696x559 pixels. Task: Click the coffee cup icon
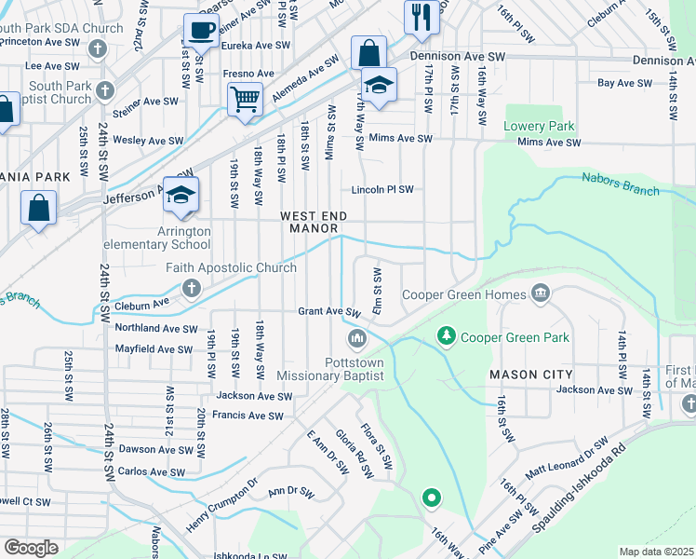201,30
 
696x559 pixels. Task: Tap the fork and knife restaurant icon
422,16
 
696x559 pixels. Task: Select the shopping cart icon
245,97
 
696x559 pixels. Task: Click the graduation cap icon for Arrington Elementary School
181,193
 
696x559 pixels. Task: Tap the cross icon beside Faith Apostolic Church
192,288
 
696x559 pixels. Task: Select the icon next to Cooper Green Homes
540,295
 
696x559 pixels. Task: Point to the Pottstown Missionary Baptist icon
354,336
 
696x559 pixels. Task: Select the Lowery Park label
540,126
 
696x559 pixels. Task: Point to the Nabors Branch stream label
621,184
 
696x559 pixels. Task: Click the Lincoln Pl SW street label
381,190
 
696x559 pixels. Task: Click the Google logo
31,547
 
